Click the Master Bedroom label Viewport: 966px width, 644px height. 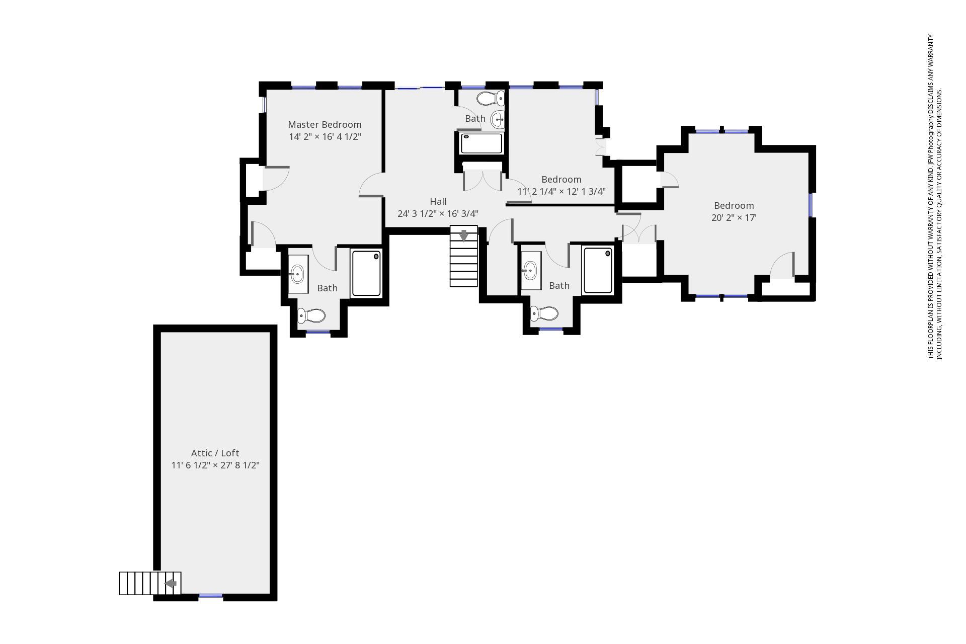(325, 124)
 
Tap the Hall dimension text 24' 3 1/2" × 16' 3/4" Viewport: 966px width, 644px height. (438, 214)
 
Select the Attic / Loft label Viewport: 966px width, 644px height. (215, 453)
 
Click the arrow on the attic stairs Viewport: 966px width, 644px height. (171, 584)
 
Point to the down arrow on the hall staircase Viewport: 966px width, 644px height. (463, 235)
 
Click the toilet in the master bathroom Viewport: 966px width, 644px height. (311, 316)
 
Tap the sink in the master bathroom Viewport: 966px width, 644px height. (297, 274)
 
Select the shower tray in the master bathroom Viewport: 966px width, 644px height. (366, 273)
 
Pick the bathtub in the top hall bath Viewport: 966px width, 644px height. (481, 143)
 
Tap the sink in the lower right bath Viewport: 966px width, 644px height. (530, 271)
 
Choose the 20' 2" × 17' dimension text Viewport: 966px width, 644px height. (734, 218)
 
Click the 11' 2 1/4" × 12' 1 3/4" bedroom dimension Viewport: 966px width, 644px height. (561, 192)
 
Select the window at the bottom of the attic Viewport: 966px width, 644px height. (210, 596)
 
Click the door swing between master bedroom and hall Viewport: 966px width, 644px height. (371, 185)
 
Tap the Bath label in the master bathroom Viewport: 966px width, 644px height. (327, 288)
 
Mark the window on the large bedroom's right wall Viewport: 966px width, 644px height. (811, 205)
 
